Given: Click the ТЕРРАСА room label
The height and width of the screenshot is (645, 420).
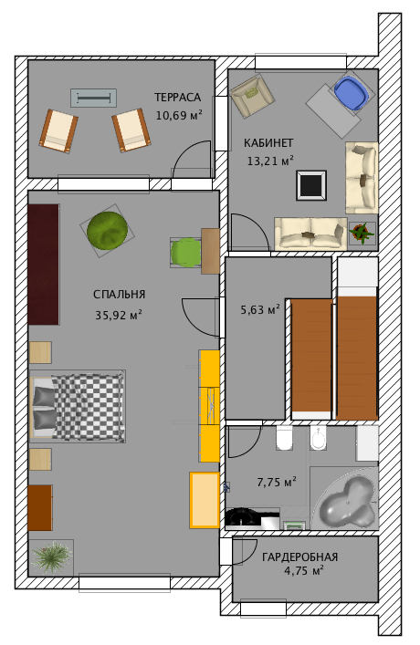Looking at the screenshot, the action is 177,98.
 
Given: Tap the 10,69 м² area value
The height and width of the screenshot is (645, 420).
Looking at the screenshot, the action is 179,115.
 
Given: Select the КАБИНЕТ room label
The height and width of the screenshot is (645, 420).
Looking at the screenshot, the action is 268,143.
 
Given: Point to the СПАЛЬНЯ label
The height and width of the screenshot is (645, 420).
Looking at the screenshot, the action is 119,295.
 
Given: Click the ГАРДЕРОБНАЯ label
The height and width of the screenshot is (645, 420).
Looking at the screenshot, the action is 299,557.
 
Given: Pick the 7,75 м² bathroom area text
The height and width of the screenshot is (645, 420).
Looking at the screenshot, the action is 277,482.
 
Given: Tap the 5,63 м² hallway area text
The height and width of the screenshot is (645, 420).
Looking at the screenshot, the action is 260,309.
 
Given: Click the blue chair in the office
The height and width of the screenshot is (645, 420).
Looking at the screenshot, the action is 351,93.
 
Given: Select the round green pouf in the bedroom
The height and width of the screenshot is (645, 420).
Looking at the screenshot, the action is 107,231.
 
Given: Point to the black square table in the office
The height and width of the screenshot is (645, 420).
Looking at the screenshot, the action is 311,185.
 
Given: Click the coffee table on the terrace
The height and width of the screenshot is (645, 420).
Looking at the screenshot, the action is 93,98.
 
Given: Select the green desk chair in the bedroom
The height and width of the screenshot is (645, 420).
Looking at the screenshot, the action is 185,253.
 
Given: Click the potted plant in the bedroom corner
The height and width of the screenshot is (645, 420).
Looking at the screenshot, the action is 51,557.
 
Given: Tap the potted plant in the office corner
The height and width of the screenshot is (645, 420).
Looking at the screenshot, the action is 362,234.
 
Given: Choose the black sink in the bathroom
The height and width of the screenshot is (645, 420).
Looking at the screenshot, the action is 244,517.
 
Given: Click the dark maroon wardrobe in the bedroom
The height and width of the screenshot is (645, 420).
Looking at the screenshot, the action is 43,265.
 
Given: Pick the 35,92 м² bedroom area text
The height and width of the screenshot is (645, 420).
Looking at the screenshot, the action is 119,316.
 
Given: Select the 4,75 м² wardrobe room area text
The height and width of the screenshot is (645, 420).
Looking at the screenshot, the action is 303,571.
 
